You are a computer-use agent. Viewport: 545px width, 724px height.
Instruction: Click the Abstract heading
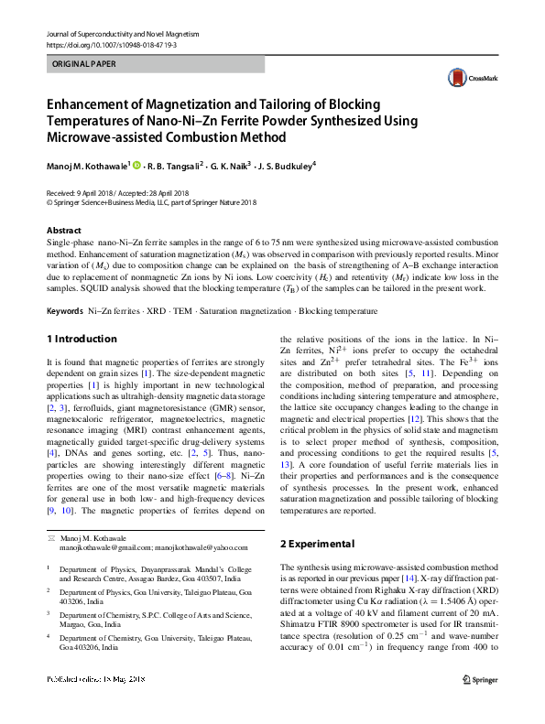[63, 231]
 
